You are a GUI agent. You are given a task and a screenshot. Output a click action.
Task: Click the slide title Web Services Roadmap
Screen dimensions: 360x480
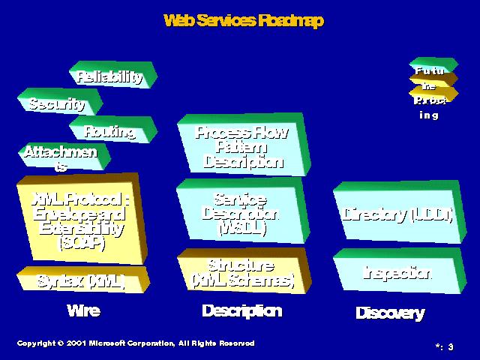(x=243, y=21)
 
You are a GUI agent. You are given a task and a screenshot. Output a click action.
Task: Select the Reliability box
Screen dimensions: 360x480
(x=109, y=76)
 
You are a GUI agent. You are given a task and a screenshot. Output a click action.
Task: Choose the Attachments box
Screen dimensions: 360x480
(x=61, y=157)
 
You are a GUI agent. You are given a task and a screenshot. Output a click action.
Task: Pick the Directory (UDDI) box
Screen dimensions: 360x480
(x=397, y=215)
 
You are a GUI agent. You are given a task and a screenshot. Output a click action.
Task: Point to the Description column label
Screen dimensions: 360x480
(x=241, y=310)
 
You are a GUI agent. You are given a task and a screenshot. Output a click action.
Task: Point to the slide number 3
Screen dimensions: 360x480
(x=451, y=346)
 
